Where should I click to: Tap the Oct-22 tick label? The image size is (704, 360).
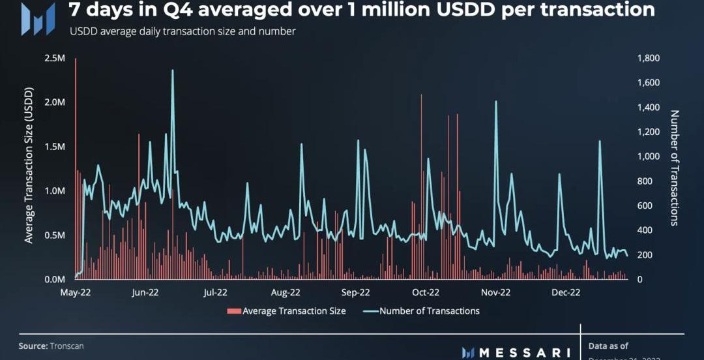click(426, 293)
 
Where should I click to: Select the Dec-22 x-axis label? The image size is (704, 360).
click(566, 293)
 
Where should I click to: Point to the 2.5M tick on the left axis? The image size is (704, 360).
click(55, 58)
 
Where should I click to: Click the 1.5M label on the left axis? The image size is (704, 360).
click(55, 147)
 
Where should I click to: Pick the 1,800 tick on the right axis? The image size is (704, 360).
click(649, 58)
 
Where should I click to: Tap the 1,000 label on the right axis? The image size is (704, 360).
click(649, 157)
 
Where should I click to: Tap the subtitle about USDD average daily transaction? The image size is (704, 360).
click(183, 31)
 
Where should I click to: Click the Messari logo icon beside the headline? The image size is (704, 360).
click(38, 19)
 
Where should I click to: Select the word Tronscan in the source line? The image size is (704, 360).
click(66, 346)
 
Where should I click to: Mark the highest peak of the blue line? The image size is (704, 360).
click(173, 70)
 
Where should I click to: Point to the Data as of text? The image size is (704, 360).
click(608, 346)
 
